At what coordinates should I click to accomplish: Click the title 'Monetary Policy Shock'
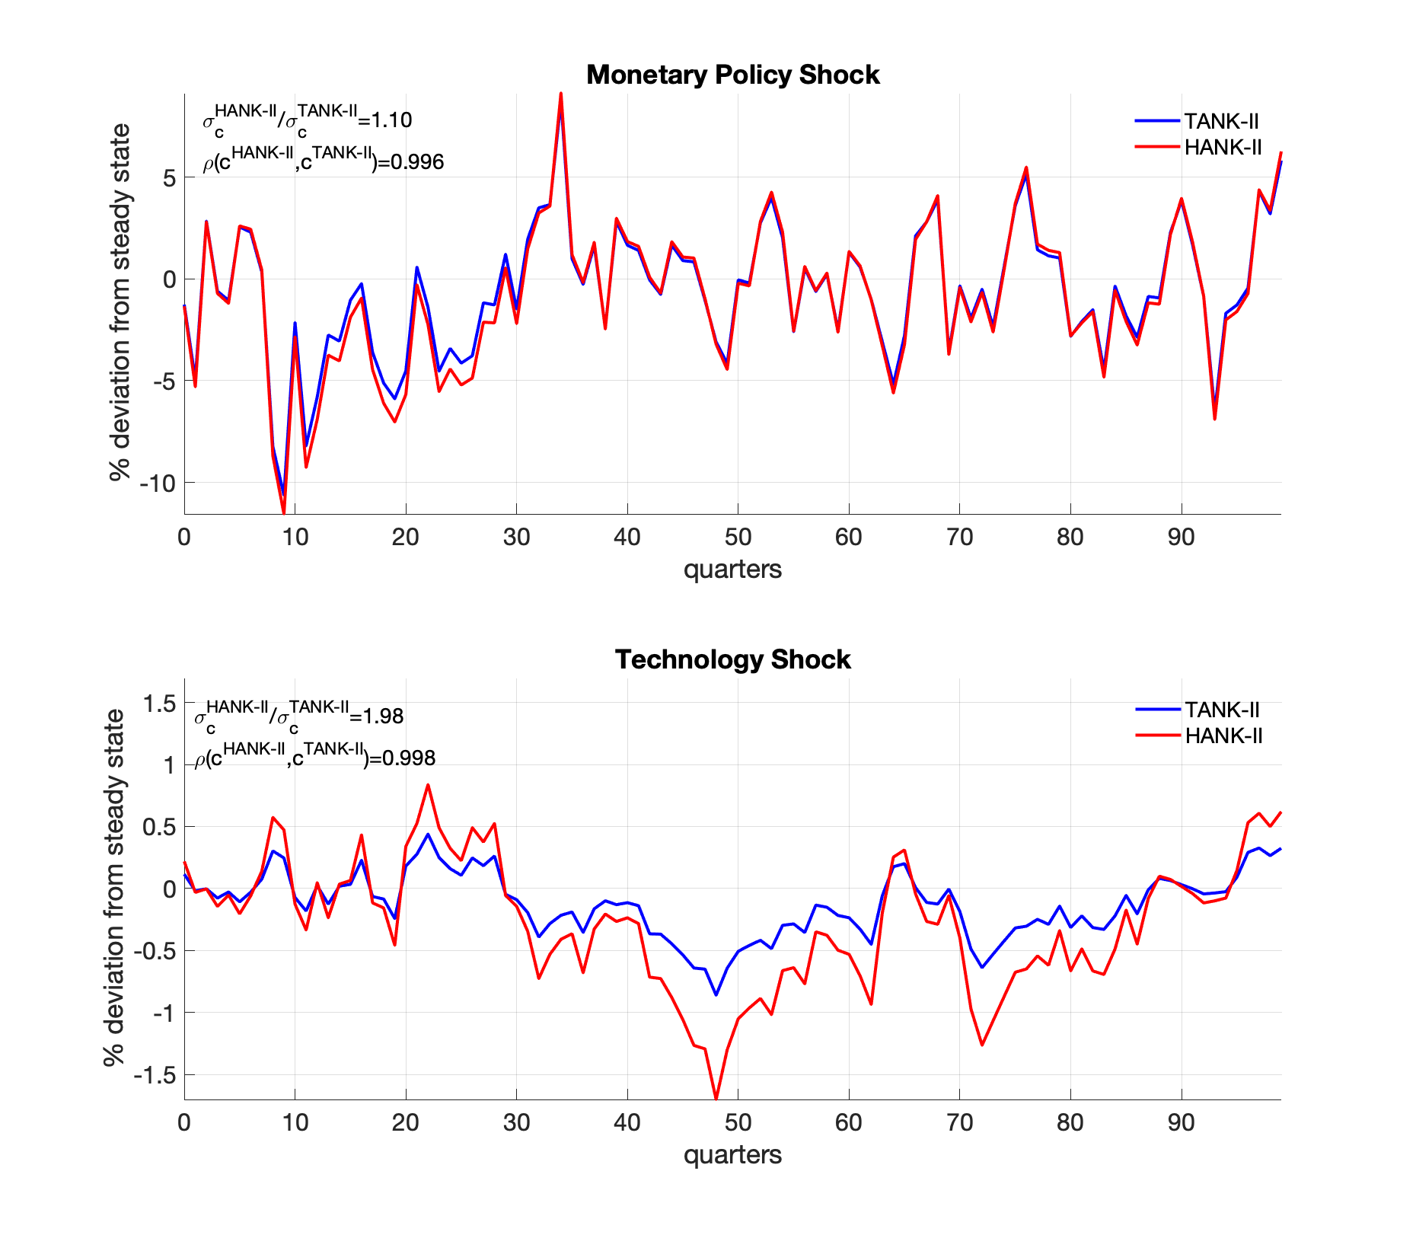pyautogui.click(x=732, y=75)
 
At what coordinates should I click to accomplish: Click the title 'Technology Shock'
pyautogui.click(x=732, y=659)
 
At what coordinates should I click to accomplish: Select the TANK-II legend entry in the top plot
pyautogui.click(x=1221, y=121)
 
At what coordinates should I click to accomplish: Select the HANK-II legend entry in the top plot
pyautogui.click(x=1223, y=147)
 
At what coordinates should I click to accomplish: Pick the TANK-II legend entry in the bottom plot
pyautogui.click(x=1222, y=710)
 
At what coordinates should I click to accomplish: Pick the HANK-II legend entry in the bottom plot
pyautogui.click(x=1223, y=736)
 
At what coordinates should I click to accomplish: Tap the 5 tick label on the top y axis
pyautogui.click(x=168, y=178)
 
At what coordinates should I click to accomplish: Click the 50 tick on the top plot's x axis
pyautogui.click(x=738, y=537)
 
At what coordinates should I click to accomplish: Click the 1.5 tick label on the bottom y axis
pyautogui.click(x=160, y=703)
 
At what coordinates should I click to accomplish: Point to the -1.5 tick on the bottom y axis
pyautogui.click(x=155, y=1075)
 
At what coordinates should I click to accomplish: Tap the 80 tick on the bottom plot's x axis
pyautogui.click(x=1070, y=1122)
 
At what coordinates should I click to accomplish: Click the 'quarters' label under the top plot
pyautogui.click(x=732, y=570)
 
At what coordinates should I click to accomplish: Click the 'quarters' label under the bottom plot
pyautogui.click(x=732, y=1155)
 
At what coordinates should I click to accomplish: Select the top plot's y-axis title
pyautogui.click(x=120, y=303)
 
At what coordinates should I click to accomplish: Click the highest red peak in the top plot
pyautogui.click(x=561, y=94)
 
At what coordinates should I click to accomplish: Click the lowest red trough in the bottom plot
pyautogui.click(x=716, y=1098)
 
